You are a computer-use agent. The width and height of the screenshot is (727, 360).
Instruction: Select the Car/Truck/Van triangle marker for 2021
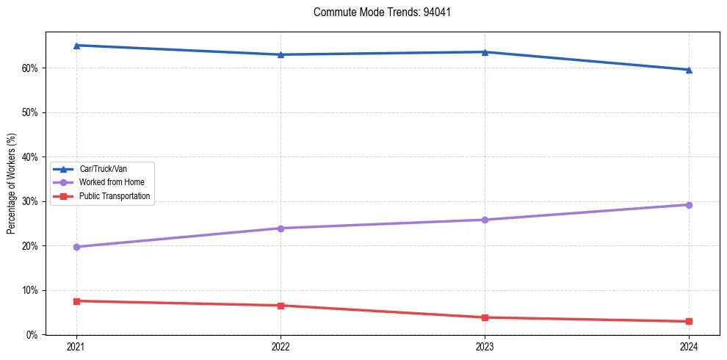76,46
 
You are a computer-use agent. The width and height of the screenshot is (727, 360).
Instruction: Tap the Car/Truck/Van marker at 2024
689,70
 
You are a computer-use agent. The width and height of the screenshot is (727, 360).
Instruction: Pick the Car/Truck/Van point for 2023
485,52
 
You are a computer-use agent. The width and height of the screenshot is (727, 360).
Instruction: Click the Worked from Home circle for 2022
281,228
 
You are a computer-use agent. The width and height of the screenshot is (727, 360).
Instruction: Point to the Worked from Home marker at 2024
689,205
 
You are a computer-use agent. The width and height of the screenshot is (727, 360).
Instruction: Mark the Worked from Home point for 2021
76,247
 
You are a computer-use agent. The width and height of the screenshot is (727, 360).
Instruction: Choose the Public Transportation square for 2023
485,317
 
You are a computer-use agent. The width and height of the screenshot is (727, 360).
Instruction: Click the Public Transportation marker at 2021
76,301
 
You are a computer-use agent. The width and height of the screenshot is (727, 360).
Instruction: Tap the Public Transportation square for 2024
689,321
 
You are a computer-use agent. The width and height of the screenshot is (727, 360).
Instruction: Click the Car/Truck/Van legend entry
103,169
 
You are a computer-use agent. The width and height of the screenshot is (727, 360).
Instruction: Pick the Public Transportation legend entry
115,196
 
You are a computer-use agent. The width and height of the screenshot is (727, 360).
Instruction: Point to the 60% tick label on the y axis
31,68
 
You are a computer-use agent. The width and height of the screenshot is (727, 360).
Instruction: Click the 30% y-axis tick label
31,201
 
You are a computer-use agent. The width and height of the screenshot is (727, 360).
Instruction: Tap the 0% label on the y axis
33,335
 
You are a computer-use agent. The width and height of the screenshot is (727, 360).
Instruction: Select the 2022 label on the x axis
281,347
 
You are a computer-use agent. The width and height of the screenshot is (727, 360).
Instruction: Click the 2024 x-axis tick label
689,347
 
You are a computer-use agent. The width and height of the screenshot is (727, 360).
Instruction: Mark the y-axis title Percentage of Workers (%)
11,184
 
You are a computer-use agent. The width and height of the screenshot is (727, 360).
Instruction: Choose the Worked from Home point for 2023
485,220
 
